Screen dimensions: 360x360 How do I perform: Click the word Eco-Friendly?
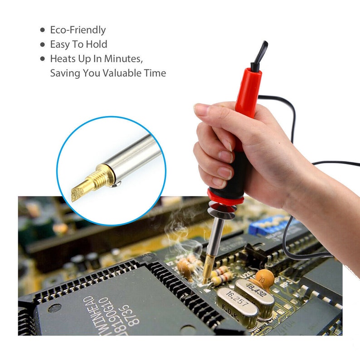pyautogui.click(x=78, y=30)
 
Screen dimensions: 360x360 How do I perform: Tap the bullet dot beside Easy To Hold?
pyautogui.click(x=43, y=44)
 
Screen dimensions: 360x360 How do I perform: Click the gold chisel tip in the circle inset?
pyautogui.click(x=80, y=190)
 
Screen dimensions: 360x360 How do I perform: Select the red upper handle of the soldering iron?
pyautogui.click(x=247, y=91)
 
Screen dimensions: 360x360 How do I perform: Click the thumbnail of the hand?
pyautogui.click(x=202, y=109)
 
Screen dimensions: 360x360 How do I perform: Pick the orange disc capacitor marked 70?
pyautogui.click(x=263, y=275)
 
